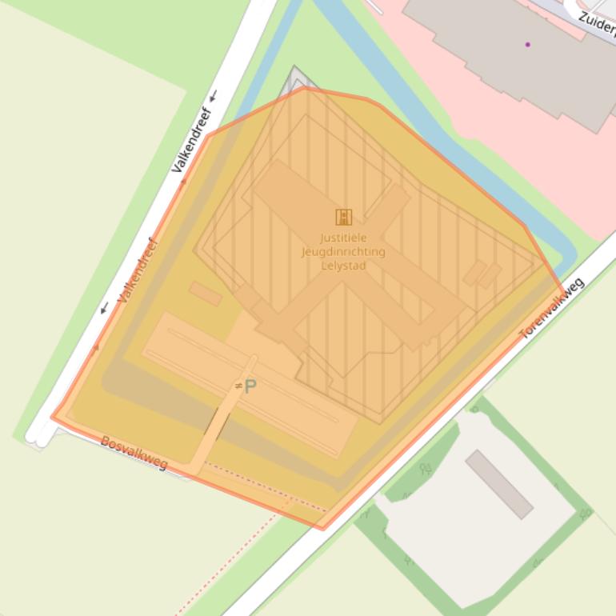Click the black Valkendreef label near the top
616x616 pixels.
(x=192, y=140)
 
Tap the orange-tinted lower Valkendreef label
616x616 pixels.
(x=138, y=270)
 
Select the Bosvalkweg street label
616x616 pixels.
(x=134, y=452)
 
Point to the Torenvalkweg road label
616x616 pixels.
(x=553, y=308)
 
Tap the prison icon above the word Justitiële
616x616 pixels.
(x=343, y=217)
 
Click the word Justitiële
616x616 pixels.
(x=343, y=238)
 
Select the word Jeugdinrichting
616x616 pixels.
(x=343, y=251)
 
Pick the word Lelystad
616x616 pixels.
(x=343, y=265)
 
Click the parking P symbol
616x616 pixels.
(x=250, y=387)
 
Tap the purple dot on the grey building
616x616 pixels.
(x=528, y=44)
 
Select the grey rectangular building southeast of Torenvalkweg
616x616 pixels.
(x=499, y=483)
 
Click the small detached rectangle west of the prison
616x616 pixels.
(x=206, y=294)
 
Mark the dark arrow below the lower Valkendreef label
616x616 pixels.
(x=104, y=309)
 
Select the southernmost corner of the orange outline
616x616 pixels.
(x=322, y=529)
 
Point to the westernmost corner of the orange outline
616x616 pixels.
(x=52, y=417)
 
